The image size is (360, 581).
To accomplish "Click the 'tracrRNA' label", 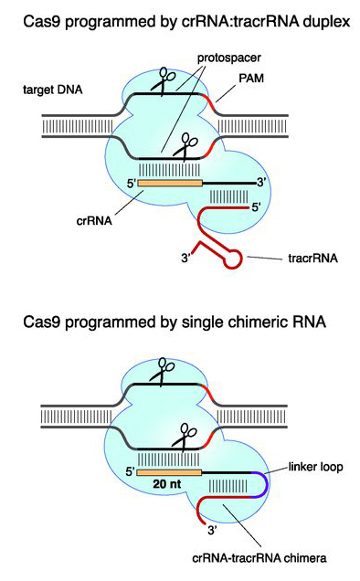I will [x=309, y=259].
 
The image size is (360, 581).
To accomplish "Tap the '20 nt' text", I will [x=166, y=490].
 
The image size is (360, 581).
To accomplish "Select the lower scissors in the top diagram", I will [x=187, y=146].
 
